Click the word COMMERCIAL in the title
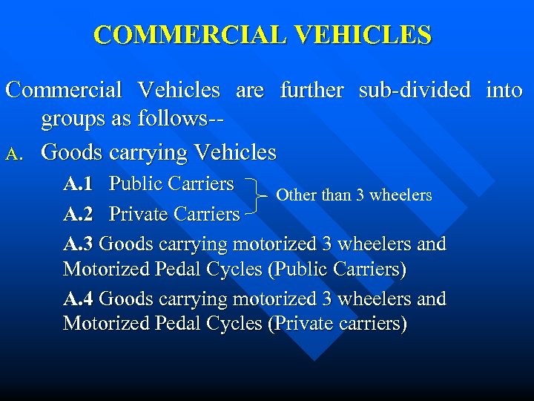click(x=188, y=35)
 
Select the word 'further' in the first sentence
click(x=311, y=91)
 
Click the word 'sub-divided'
click(x=415, y=91)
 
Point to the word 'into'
click(x=504, y=91)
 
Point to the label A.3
click(x=79, y=244)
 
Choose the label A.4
click(x=79, y=299)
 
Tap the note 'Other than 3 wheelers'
click(x=354, y=195)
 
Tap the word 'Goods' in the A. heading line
click(x=72, y=152)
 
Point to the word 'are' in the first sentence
click(x=250, y=91)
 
